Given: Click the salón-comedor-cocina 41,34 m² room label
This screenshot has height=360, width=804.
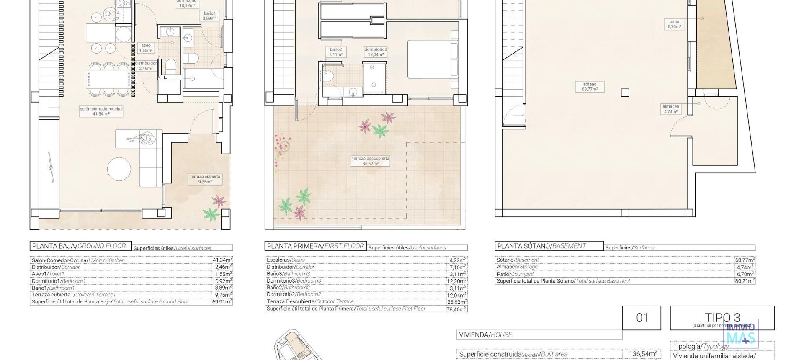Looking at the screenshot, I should (x=101, y=111).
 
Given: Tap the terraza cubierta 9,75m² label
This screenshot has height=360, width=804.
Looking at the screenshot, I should (x=205, y=179).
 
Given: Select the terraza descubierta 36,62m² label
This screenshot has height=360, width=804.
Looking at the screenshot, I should (x=370, y=161).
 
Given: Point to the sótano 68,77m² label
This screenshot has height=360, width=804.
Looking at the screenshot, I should (x=589, y=87).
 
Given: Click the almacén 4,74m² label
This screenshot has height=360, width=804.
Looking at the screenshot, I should (x=670, y=109).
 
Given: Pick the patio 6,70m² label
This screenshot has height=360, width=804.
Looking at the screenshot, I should (x=674, y=24).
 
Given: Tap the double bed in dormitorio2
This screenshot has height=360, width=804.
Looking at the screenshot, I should (x=433, y=59).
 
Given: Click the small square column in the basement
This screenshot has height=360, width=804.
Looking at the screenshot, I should (x=625, y=93).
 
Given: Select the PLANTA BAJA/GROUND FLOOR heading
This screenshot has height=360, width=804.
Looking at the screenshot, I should (x=79, y=246).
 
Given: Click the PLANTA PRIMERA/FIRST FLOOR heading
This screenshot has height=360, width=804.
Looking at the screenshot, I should (x=315, y=246).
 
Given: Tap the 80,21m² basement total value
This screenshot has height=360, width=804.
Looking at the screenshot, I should (x=745, y=281).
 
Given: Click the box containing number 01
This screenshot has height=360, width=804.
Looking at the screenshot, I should (x=642, y=318).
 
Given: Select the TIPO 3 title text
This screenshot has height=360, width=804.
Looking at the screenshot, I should (x=722, y=318).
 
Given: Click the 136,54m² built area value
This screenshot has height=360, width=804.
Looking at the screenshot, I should (x=642, y=354).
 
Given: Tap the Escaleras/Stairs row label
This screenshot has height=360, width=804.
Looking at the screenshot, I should (x=286, y=260).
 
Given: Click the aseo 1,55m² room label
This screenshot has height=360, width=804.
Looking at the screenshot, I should (x=146, y=48).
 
